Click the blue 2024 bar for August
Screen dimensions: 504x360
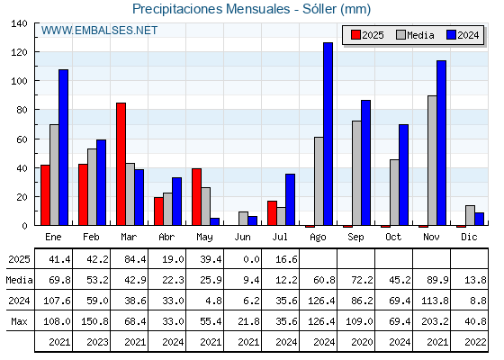328,134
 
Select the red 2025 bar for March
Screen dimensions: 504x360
121,164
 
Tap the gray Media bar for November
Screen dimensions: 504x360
432,160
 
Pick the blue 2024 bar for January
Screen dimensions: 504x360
63,148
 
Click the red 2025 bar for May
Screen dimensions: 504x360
197,197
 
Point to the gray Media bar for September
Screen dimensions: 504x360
356,173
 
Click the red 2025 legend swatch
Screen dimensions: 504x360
355,35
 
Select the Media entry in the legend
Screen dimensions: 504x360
415,35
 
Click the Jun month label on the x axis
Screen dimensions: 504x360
242,238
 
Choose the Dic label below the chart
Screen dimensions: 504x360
469,237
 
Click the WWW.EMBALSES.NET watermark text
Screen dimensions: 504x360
99,31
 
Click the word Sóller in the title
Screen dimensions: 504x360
319,9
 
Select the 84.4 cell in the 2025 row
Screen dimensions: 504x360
135,259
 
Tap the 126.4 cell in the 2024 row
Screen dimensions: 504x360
321,301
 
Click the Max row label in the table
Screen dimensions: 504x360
19,321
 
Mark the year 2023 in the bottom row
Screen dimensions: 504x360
97,342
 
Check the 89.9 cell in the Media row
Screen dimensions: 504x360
437,280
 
